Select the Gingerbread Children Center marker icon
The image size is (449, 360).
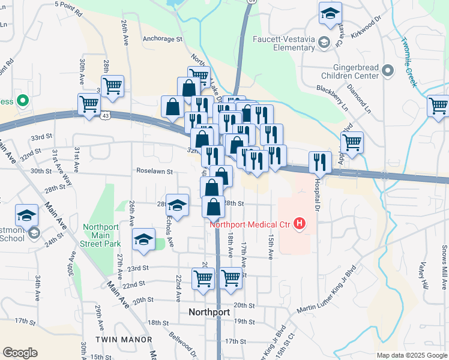tap(388, 71)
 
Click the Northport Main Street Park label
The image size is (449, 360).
tap(101, 235)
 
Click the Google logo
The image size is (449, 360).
tap(20, 353)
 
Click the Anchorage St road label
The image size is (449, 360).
tap(162, 39)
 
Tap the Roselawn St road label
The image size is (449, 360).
tap(154, 171)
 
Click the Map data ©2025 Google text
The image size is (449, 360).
tap(411, 355)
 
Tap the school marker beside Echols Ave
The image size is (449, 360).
tap(176, 205)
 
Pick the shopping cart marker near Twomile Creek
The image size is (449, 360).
tap(438, 106)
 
